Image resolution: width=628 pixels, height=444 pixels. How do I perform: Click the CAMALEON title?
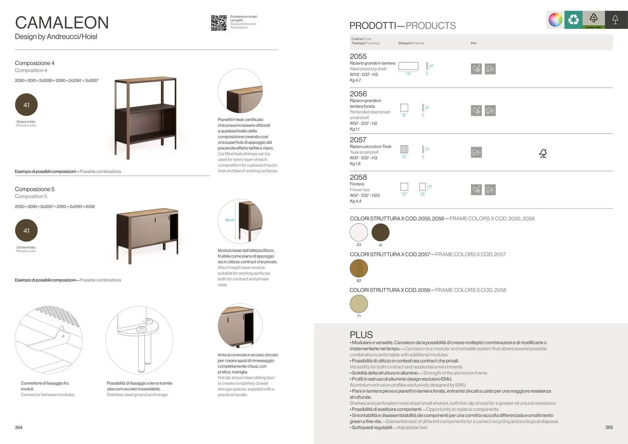tap(62, 23)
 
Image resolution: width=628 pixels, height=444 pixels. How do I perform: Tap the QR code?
tap(219, 23)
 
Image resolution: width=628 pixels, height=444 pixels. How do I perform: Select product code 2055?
tap(358, 57)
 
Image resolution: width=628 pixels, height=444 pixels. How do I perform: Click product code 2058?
tap(358, 178)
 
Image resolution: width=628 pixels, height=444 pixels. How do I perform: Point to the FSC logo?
tap(543, 154)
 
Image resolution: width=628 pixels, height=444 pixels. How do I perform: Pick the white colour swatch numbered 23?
tap(359, 232)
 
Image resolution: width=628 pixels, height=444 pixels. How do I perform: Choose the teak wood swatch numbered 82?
tap(359, 268)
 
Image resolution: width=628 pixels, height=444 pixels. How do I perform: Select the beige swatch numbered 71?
tap(359, 304)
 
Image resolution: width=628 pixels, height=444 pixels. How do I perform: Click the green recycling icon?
tap(573, 20)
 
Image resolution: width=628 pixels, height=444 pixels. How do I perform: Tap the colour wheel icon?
tap(555, 20)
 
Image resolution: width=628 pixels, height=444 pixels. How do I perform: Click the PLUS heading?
tap(361, 335)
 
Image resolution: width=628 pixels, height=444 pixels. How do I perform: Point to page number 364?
tap(19, 427)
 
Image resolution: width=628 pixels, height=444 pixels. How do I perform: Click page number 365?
tap(609, 427)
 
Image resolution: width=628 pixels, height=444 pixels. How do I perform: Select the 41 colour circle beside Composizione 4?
tap(26, 105)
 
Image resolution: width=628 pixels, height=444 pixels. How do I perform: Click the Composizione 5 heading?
tap(34, 189)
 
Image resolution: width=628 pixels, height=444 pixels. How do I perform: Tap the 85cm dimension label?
tap(230, 220)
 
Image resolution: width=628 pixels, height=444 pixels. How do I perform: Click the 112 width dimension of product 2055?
tap(408, 74)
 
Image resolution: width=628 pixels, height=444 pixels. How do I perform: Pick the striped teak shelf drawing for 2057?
tap(404, 149)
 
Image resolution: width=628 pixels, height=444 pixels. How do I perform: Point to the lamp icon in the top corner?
tap(615, 20)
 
